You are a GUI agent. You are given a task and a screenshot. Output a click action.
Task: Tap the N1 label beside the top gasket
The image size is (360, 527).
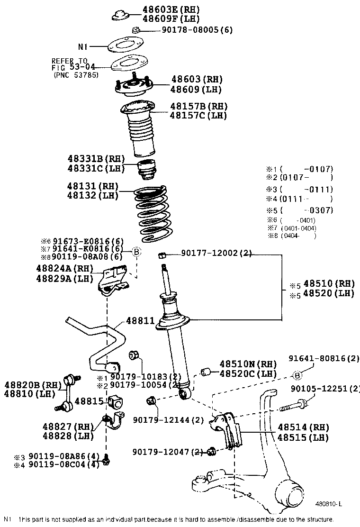83,46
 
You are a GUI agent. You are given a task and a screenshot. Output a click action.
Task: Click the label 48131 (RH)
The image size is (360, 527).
92,186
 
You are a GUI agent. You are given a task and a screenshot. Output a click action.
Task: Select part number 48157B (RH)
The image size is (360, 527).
198,106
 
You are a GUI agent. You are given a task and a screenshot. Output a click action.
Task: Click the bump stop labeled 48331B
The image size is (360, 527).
147,170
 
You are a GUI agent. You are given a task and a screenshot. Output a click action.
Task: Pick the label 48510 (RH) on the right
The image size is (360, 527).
329,283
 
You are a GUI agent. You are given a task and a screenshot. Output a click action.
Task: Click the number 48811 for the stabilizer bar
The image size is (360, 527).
140,321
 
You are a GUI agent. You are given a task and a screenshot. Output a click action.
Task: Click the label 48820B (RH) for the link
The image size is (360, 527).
31,384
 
